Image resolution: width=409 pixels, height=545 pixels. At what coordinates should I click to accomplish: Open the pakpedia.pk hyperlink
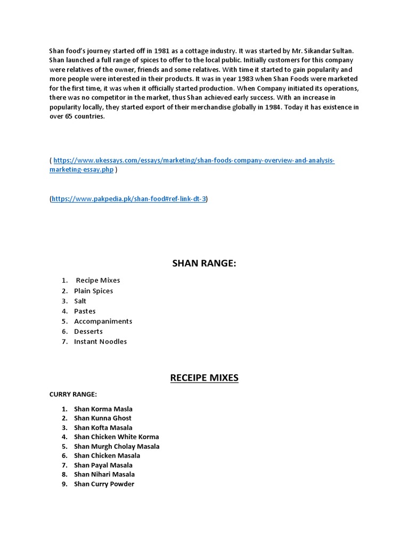128,199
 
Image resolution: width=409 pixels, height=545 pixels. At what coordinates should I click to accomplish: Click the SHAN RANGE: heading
204,263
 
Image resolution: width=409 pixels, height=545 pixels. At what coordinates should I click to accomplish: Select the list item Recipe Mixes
98,280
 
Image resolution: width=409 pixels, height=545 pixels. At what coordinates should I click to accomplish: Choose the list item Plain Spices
93,291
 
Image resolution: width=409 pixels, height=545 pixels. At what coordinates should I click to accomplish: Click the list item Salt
80,301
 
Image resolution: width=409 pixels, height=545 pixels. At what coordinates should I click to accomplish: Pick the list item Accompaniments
103,321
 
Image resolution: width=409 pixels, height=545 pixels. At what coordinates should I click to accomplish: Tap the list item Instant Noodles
100,342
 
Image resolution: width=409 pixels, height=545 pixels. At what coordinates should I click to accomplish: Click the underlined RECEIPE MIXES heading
204,378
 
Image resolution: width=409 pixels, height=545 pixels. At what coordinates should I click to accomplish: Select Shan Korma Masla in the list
103,409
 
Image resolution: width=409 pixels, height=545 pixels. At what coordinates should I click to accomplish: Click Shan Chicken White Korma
117,437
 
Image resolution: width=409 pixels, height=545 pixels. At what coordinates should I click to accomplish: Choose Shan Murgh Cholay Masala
117,447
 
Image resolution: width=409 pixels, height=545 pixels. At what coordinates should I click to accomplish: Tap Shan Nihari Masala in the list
104,474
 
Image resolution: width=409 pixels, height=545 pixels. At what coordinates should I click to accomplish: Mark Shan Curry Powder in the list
104,484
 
